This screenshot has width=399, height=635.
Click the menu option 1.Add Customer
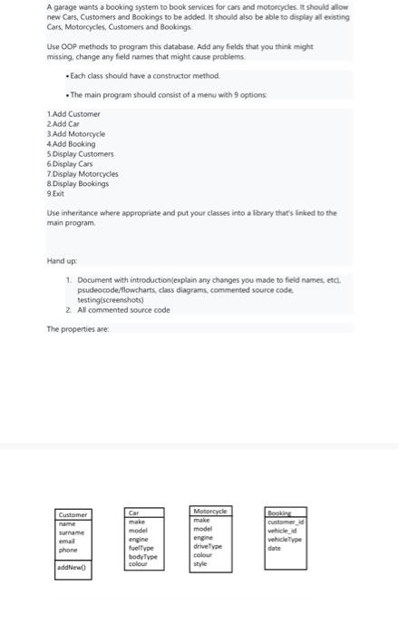click(x=73, y=114)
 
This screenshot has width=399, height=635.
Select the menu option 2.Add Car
click(x=63, y=124)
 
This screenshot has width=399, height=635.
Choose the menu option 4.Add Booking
click(x=71, y=143)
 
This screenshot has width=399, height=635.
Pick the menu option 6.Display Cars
click(x=69, y=163)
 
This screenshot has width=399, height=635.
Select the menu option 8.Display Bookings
click(x=77, y=183)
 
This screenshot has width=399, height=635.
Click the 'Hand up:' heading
click(x=62, y=260)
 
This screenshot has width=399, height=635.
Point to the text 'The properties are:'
click(x=77, y=328)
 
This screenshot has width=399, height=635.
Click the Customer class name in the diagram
click(x=73, y=514)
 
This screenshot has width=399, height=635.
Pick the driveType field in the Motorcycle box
click(x=209, y=546)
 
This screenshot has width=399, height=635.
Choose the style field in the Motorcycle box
click(x=202, y=564)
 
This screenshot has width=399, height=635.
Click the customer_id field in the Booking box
click(x=284, y=522)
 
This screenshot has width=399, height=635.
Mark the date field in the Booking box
click(x=274, y=547)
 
